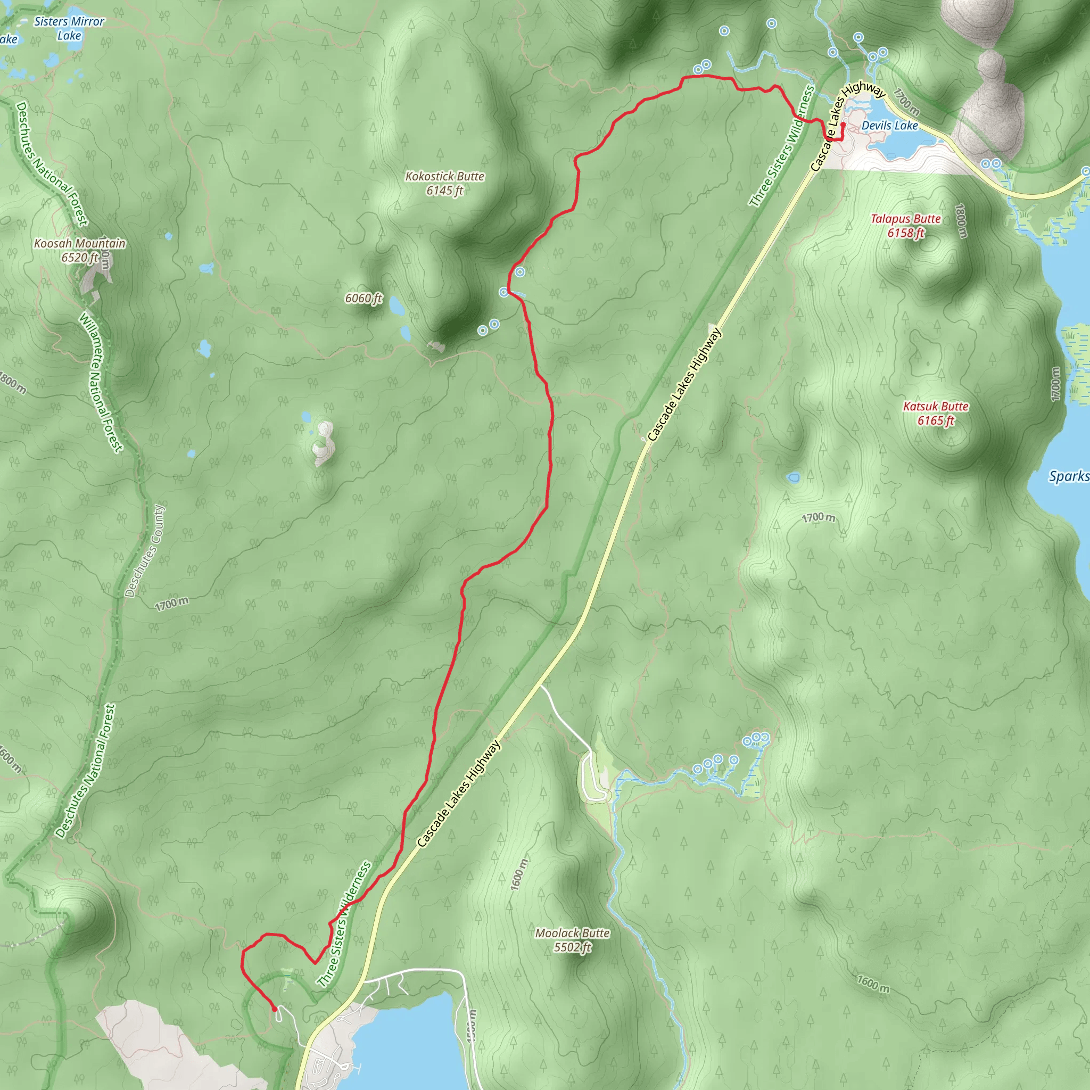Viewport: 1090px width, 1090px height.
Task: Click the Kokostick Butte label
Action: point(444,177)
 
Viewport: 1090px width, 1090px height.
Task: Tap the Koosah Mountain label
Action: point(79,244)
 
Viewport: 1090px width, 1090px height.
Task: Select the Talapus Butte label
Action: point(905,219)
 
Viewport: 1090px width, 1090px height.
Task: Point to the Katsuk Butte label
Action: point(936,406)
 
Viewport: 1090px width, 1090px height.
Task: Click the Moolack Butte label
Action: point(572,933)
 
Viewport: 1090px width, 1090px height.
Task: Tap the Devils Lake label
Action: point(890,126)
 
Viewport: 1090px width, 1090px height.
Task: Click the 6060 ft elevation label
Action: point(364,298)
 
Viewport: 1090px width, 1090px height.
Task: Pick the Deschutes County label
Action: point(145,551)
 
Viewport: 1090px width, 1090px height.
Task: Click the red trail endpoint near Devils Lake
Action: point(843,124)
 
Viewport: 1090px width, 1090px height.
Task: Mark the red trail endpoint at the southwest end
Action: point(274,1009)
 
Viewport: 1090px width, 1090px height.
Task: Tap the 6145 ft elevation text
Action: point(444,191)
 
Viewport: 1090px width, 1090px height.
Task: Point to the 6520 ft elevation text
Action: point(79,258)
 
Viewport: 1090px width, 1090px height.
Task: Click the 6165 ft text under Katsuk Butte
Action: point(936,420)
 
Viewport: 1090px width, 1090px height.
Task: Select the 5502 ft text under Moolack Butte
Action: point(572,947)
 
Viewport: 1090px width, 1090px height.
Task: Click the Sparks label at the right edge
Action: point(1068,476)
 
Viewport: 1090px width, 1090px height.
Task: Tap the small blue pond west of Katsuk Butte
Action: point(794,478)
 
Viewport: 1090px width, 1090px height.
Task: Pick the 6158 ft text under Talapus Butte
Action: point(905,233)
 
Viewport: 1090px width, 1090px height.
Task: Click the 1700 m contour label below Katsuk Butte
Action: point(819,517)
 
